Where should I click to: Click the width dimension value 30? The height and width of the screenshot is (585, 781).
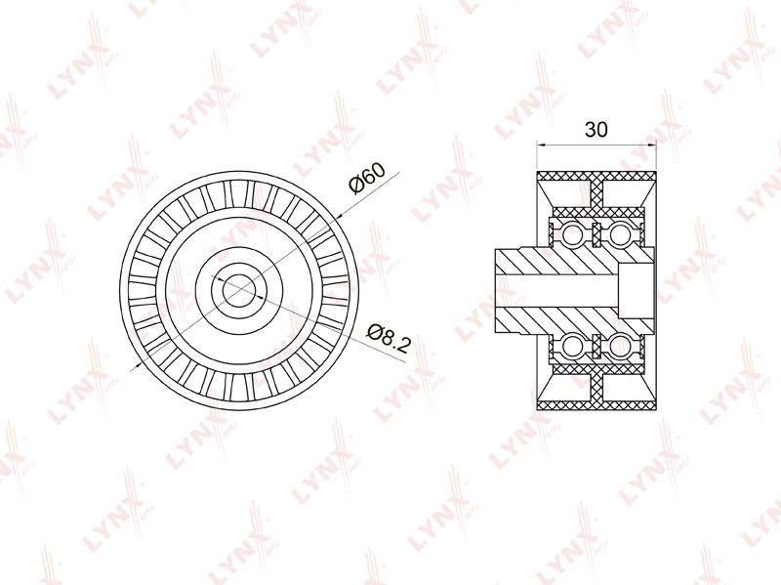(596, 130)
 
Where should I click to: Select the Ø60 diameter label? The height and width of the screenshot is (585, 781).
(368, 178)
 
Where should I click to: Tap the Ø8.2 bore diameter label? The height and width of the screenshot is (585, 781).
(389, 338)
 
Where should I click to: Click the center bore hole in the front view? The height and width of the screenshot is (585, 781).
(239, 290)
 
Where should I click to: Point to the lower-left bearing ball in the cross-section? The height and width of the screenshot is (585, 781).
(571, 346)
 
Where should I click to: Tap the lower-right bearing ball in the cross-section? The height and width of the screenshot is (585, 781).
(620, 346)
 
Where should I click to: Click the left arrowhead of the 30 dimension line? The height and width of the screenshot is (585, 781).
(542, 145)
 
